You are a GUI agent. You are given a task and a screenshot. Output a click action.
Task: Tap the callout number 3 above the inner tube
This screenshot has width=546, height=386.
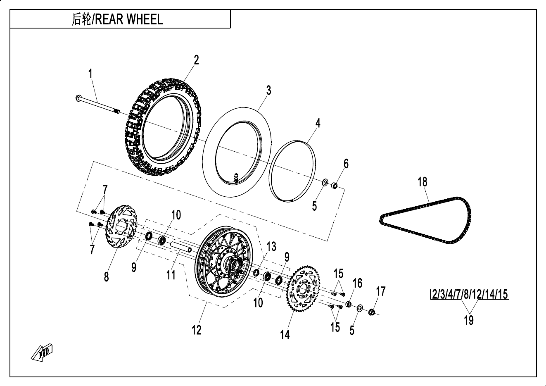point(268,91)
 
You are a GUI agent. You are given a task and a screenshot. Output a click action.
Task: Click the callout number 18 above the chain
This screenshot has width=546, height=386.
point(422,182)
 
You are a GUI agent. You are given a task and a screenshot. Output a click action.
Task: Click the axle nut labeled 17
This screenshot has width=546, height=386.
point(371,312)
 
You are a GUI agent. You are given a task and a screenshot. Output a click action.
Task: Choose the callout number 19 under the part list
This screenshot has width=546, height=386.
point(468,319)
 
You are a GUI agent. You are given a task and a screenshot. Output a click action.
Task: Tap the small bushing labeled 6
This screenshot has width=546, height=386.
point(335,185)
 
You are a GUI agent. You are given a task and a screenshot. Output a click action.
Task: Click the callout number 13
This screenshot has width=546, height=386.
point(271,247)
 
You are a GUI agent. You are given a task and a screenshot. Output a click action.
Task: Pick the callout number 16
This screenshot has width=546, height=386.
point(357,283)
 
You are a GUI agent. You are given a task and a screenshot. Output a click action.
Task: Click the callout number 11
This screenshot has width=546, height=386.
point(171,274)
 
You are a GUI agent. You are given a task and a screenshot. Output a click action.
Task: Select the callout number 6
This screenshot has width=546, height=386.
point(346,164)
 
